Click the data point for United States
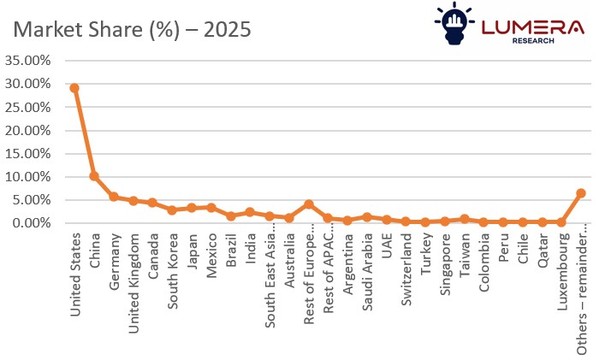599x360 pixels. tap(74, 88)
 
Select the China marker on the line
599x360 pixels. tap(94, 176)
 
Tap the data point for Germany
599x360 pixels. tap(114, 197)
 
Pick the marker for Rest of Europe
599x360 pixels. tap(309, 204)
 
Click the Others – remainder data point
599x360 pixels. tap(581, 193)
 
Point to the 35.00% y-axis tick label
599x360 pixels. tap(29, 61)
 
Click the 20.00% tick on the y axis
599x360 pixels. tap(29, 130)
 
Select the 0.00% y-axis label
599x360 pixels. tap(33, 222)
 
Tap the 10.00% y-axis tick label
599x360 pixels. tap(29, 176)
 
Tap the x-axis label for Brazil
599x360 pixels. tap(231, 250)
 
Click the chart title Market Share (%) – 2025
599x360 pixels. tap(131, 29)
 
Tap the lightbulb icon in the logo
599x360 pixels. tap(454, 23)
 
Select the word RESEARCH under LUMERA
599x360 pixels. tap(531, 40)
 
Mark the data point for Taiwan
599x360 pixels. tap(465, 219)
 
